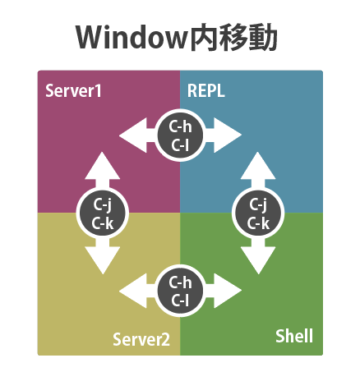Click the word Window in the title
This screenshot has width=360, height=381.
[127, 37]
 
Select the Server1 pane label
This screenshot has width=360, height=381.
[74, 90]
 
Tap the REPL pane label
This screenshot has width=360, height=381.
[206, 90]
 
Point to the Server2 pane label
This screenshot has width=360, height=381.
[141, 338]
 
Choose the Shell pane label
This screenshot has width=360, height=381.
[293, 337]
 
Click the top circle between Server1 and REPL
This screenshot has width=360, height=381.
[180, 135]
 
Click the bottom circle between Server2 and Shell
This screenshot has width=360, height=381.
[180, 291]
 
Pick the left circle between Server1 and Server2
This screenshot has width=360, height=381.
[102, 213]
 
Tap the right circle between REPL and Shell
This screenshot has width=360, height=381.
[258, 213]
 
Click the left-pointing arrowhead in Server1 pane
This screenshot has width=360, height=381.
[131, 135]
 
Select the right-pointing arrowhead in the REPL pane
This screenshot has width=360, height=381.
[230, 135]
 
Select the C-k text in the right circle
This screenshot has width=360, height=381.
[258, 222]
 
